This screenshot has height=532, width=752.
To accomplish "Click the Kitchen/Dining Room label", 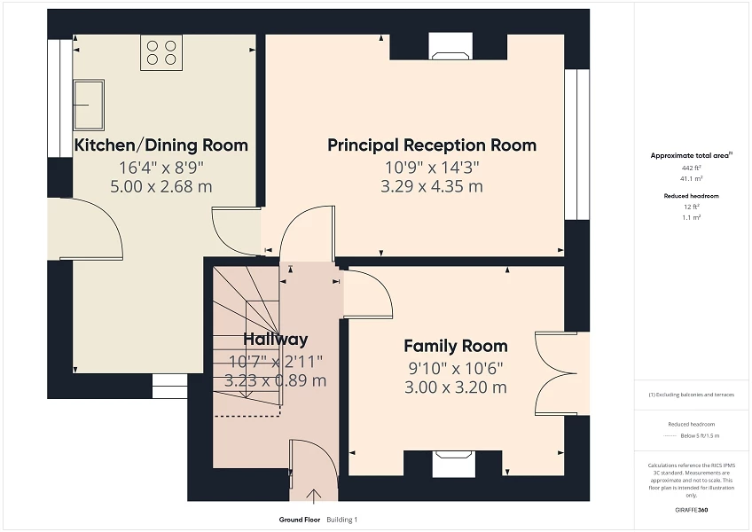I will [161, 145].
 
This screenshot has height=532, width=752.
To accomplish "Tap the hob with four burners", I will [161, 52].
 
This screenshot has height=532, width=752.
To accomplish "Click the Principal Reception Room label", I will [432, 145].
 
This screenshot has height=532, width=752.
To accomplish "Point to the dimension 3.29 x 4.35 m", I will [432, 186].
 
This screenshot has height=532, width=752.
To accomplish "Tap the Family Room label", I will [456, 346].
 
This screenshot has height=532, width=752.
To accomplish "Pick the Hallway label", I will [276, 339].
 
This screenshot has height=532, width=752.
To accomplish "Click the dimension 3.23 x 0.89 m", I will [276, 380].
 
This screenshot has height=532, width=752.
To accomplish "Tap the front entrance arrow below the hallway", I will [313, 496].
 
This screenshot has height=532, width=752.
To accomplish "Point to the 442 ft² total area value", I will [691, 168].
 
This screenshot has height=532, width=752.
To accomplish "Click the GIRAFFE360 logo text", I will [691, 510].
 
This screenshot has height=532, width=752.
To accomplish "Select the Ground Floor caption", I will [299, 520].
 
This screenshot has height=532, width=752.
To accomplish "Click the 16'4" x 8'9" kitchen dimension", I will [161, 167].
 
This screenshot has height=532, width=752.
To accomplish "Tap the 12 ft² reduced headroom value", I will [691, 206].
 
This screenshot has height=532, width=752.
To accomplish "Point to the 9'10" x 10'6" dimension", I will [456, 367].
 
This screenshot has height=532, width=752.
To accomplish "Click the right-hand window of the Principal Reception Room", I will [576, 145].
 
